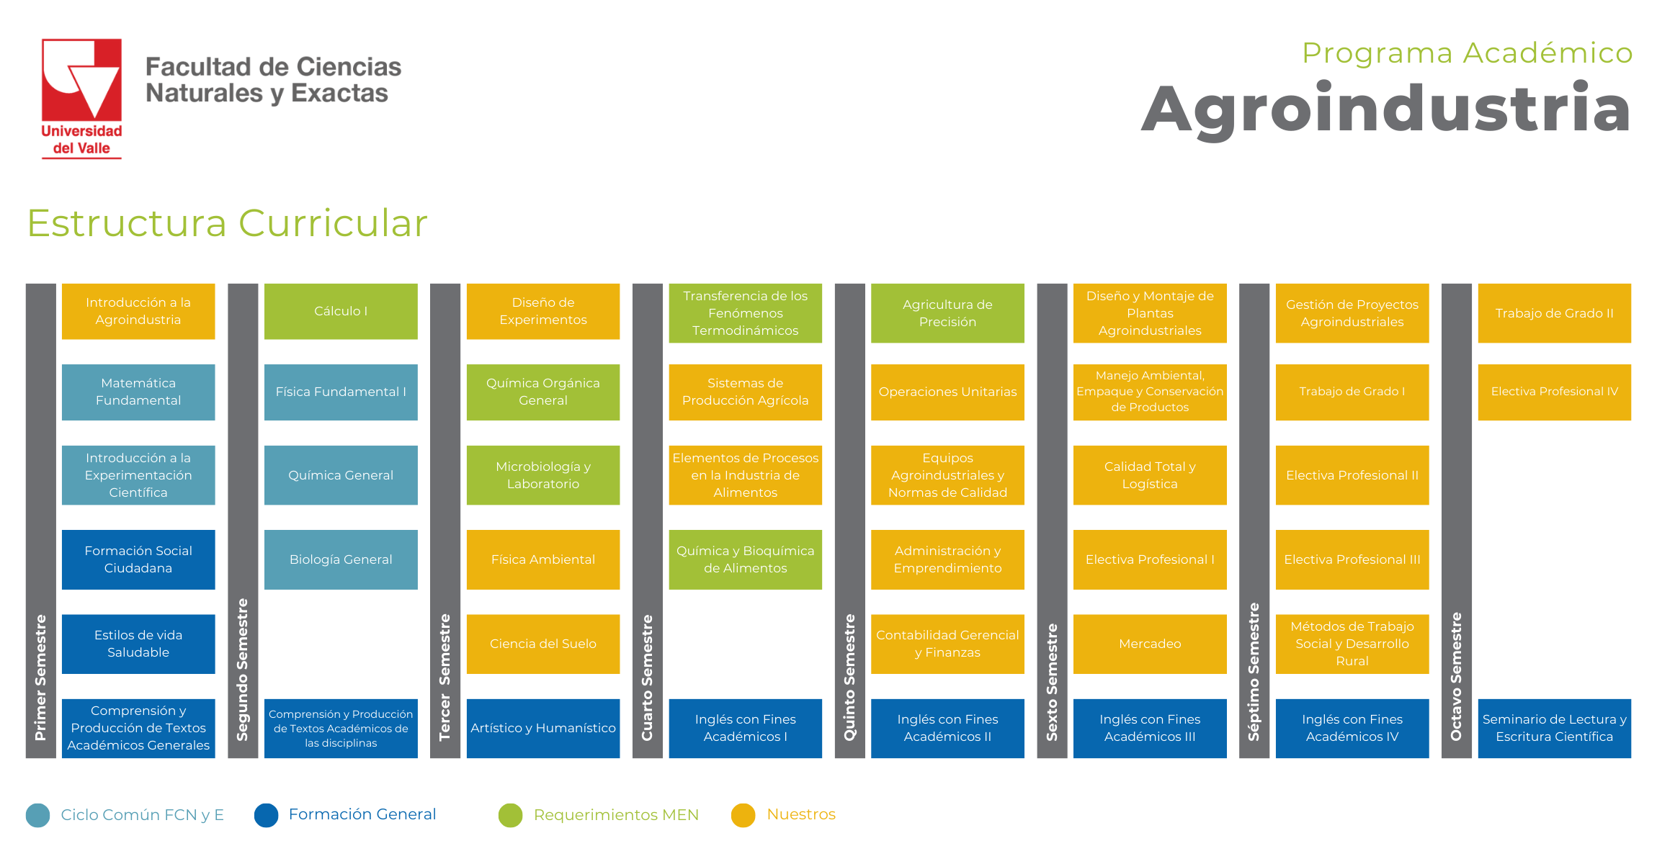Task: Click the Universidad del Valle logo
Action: (x=81, y=98)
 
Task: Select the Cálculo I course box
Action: (x=341, y=311)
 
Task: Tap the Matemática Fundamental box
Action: (x=138, y=392)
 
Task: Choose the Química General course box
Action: (x=341, y=475)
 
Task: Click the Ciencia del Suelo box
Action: (x=543, y=644)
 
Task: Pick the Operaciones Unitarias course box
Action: (x=947, y=392)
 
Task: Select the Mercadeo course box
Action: (x=1150, y=644)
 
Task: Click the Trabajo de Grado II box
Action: (x=1555, y=313)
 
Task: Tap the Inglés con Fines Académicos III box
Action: (x=1150, y=728)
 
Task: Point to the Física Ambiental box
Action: (x=543, y=559)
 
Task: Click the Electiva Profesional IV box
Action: (x=1555, y=392)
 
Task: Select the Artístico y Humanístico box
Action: (x=543, y=728)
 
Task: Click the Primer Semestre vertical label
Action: (x=40, y=678)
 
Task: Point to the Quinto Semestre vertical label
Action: (x=850, y=678)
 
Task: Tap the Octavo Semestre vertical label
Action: (x=1457, y=677)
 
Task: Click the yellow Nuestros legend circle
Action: (x=743, y=815)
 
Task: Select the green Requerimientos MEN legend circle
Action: (x=510, y=815)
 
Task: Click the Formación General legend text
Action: (x=362, y=814)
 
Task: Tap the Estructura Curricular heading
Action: (x=228, y=222)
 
